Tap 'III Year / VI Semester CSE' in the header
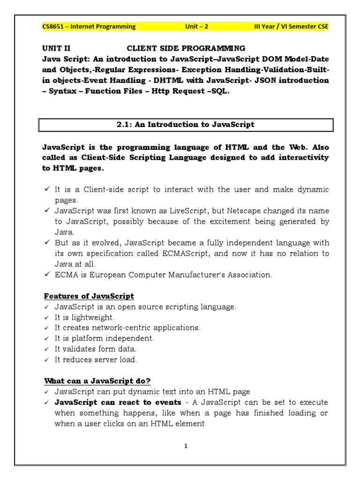click(291, 27)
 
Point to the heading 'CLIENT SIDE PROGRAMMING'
click(186, 48)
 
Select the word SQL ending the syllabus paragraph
click(221, 91)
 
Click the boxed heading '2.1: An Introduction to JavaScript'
click(186, 125)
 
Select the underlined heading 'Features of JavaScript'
click(89, 296)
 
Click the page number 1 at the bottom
click(186, 446)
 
